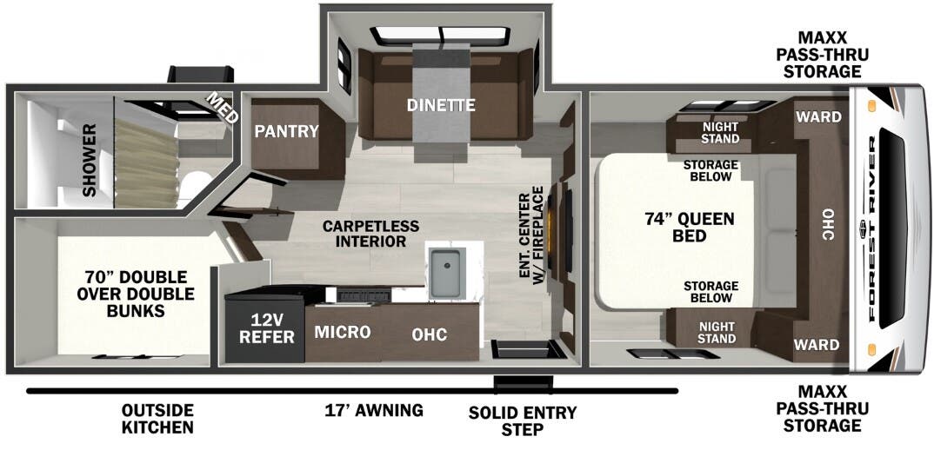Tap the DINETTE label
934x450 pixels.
click(441, 105)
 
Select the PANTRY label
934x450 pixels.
click(286, 131)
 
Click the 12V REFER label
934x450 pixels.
click(266, 328)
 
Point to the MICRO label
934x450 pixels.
click(343, 332)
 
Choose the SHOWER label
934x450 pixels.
click(90, 160)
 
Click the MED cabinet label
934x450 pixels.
click(222, 108)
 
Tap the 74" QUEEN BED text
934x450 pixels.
click(689, 227)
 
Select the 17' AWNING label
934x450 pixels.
click(374, 410)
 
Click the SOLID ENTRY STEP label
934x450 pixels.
click(523, 420)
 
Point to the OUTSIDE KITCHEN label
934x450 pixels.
click(158, 419)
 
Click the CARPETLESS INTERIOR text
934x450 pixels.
click(370, 234)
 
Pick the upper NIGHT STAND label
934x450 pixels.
click(719, 133)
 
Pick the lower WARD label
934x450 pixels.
click(817, 345)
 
